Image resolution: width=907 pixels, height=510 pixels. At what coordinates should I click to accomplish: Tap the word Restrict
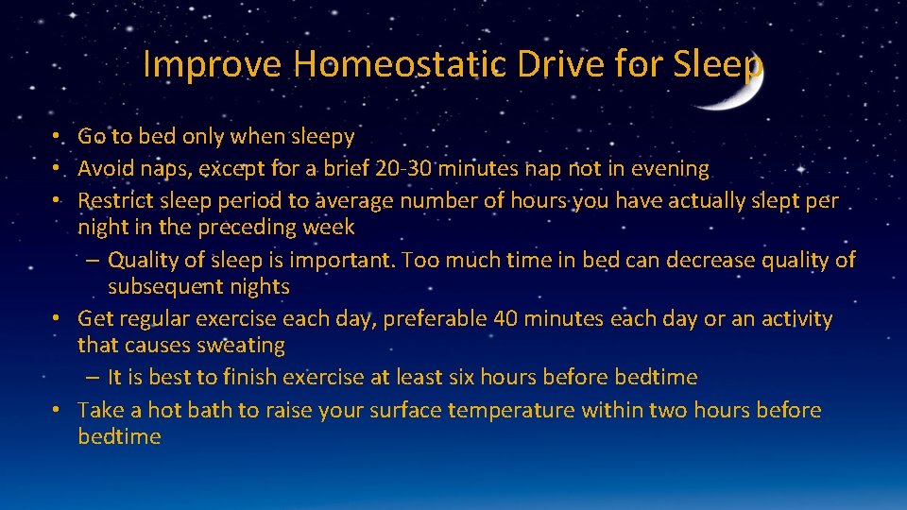(116, 201)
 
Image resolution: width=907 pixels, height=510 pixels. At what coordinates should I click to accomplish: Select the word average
(357, 201)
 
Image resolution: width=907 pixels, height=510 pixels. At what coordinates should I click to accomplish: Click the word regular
(160, 319)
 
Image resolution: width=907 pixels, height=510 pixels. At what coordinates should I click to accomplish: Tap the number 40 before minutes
(505, 319)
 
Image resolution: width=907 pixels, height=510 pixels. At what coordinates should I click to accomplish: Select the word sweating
(238, 346)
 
